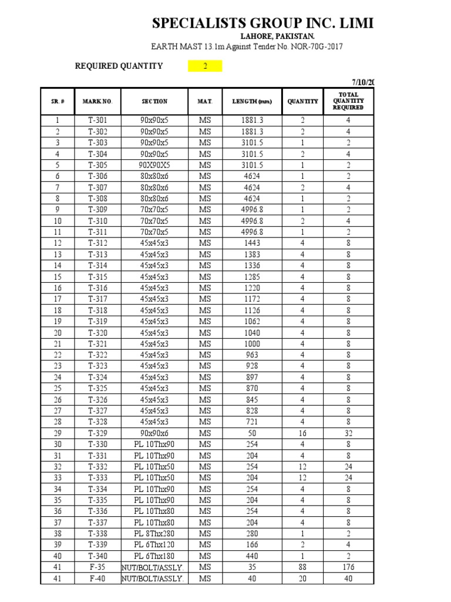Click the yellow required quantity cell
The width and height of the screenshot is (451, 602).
click(205, 66)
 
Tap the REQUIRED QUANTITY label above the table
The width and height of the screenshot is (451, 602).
click(119, 66)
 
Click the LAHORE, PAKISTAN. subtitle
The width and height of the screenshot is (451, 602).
click(245, 36)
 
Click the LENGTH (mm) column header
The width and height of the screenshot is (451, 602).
click(252, 101)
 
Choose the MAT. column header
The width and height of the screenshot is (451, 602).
click(204, 101)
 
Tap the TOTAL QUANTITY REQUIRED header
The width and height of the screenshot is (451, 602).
click(348, 101)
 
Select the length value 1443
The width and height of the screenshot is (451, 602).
click(252, 243)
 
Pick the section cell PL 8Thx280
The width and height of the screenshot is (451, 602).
click(154, 534)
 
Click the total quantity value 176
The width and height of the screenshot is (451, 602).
click(348, 567)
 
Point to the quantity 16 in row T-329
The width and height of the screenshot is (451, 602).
click(302, 433)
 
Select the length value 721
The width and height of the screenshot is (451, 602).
click(252, 422)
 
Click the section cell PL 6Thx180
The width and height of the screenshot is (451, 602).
click(154, 556)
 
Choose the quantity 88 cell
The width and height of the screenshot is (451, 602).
click(302, 567)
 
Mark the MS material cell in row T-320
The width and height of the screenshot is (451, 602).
click(204, 332)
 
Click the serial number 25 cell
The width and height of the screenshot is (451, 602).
click(58, 388)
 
